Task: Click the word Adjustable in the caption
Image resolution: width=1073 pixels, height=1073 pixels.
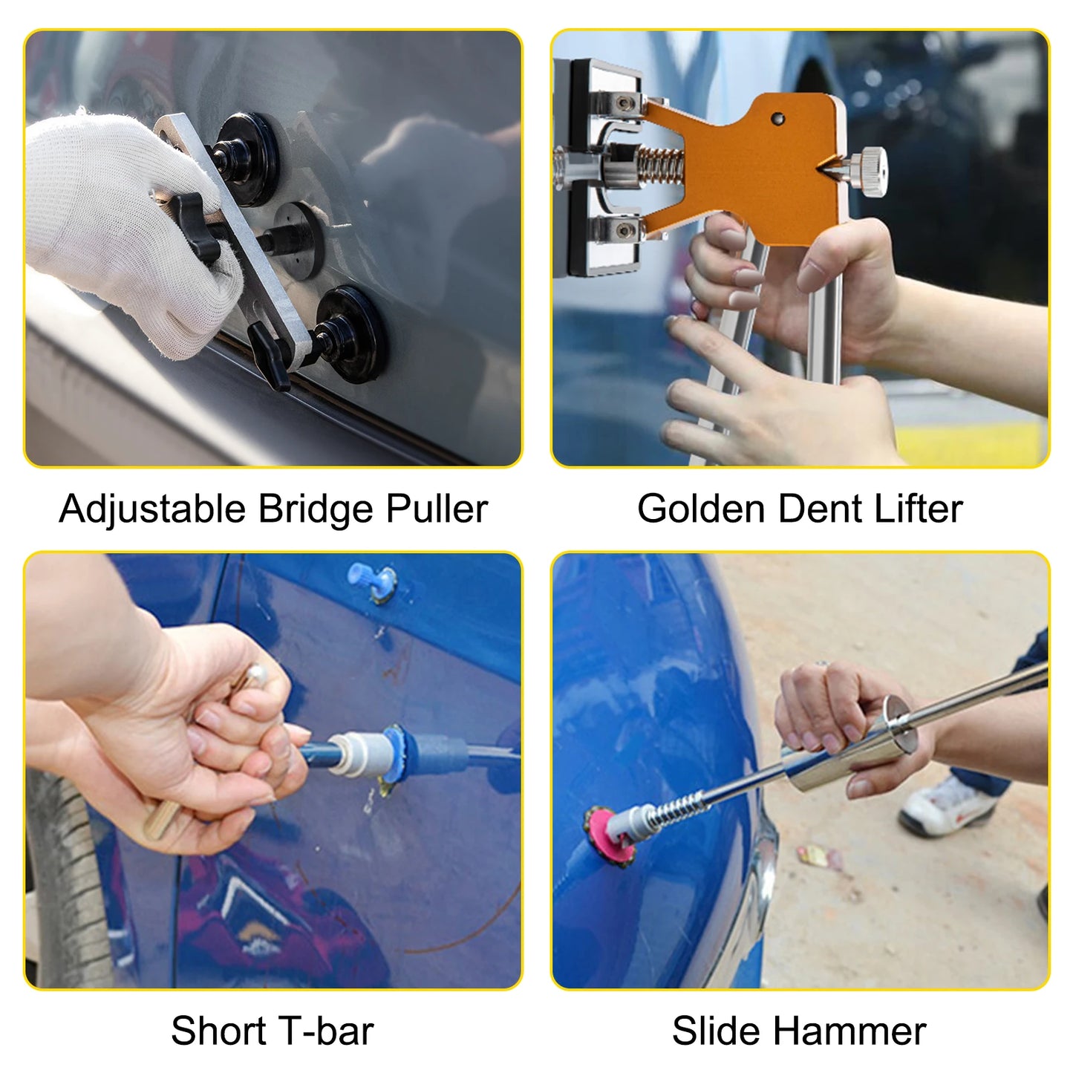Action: click(x=151, y=509)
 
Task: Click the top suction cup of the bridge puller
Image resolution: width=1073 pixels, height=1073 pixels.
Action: click(x=249, y=149)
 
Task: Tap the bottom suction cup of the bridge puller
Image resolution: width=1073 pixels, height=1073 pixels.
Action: click(x=353, y=327)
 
